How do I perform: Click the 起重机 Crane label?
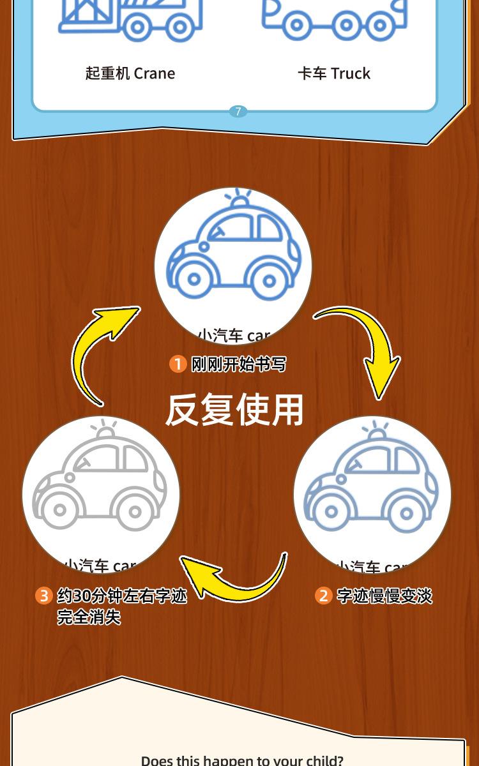click(130, 73)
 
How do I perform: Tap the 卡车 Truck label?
click(334, 73)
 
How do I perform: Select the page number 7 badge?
click(238, 112)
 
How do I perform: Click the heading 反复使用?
click(234, 409)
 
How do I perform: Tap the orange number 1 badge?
click(178, 364)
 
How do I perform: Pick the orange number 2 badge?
click(324, 596)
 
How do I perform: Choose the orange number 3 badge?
click(43, 596)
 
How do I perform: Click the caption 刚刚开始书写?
click(239, 364)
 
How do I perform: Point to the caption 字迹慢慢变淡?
click(384, 596)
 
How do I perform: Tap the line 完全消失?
click(89, 617)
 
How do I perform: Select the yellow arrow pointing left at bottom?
click(236, 578)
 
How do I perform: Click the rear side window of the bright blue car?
click(269, 227)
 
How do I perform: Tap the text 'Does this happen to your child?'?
click(242, 760)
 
